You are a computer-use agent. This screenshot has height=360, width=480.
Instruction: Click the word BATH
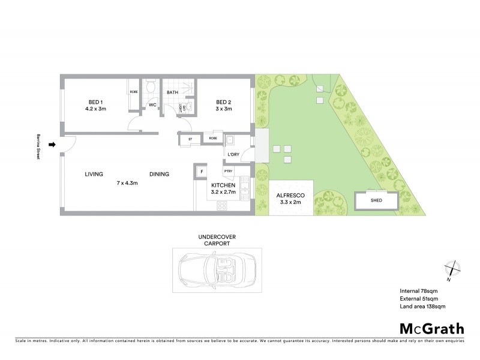(172, 92)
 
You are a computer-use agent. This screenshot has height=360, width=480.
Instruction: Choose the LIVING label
(94, 175)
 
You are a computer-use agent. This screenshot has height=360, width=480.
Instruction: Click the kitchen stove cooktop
(221, 205)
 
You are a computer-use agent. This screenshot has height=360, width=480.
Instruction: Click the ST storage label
(190, 139)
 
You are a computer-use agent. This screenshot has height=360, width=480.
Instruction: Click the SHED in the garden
(377, 201)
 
